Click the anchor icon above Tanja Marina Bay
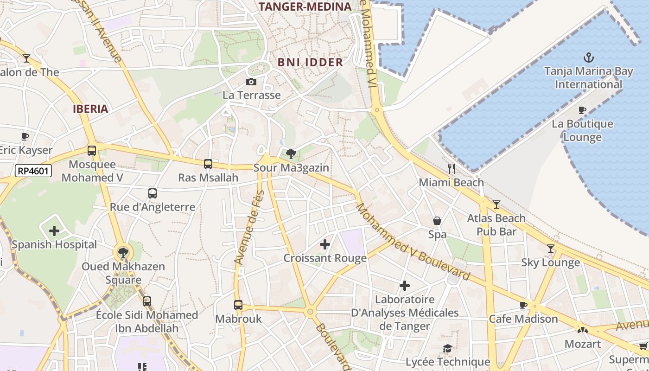(x=588, y=58)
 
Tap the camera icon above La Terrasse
(x=251, y=82)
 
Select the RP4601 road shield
(x=33, y=171)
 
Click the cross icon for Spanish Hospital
(x=54, y=230)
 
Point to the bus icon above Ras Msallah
(x=208, y=164)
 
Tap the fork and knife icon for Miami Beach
(x=451, y=169)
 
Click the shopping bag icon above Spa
(x=437, y=221)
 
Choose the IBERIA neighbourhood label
(x=90, y=109)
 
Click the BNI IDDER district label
(x=310, y=62)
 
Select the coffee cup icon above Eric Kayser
(x=25, y=136)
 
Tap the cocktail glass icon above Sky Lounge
(x=550, y=249)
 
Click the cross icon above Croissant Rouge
(x=325, y=244)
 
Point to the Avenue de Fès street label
(x=249, y=227)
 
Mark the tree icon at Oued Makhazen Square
(x=123, y=253)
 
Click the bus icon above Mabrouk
(x=238, y=305)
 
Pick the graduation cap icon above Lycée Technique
(x=447, y=348)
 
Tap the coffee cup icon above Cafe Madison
(x=523, y=305)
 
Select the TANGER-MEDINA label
(x=305, y=6)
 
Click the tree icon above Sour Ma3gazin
(x=291, y=154)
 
